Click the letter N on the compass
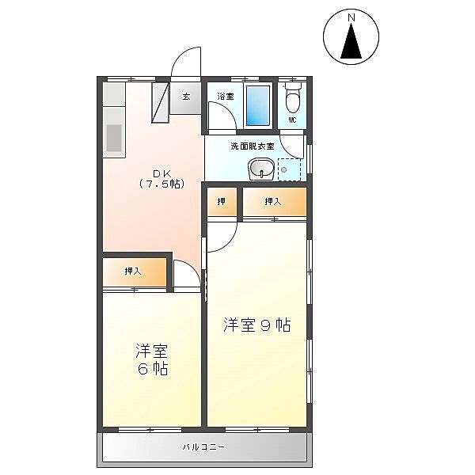click(x=351, y=18)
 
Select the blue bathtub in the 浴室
click(x=258, y=105)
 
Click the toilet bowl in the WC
click(x=292, y=99)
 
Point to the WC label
click(x=292, y=120)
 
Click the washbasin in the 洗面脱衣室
click(x=261, y=169)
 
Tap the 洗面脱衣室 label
click(x=253, y=146)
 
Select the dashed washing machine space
click(x=289, y=169)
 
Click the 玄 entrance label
click(x=186, y=97)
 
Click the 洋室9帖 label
click(x=257, y=325)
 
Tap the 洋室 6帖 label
click(x=152, y=359)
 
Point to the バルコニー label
click(x=203, y=446)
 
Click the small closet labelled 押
click(x=222, y=202)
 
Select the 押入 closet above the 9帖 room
click(x=275, y=202)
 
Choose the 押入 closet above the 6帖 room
click(x=135, y=272)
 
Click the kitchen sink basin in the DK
click(x=114, y=138)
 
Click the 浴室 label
click(x=226, y=97)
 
